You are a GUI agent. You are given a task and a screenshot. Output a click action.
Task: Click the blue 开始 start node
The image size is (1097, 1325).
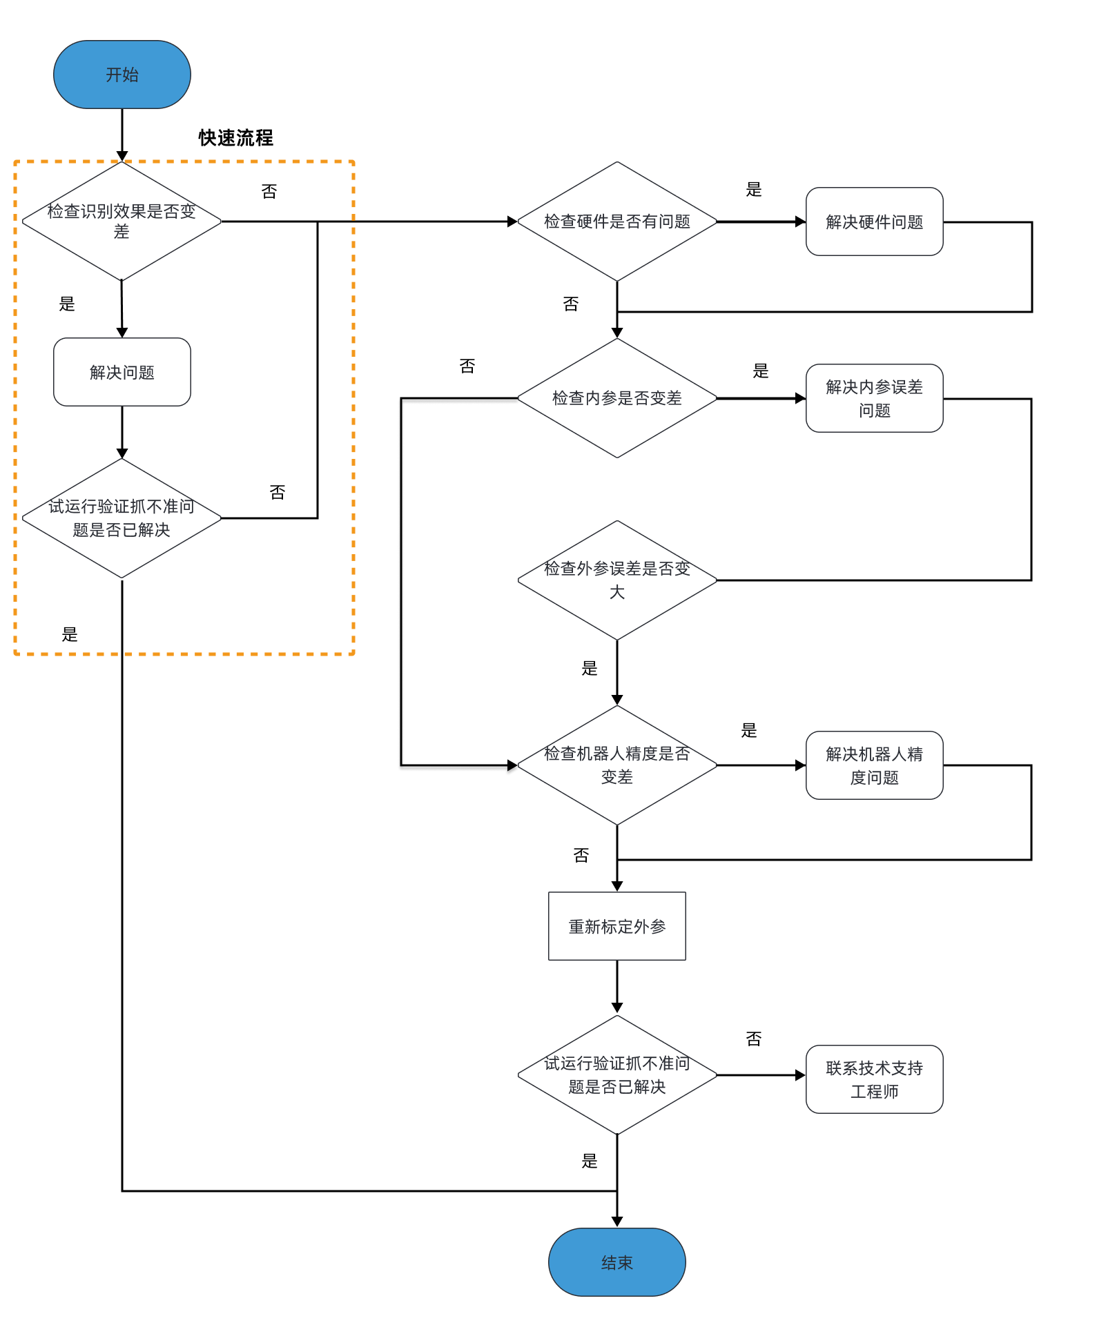pos(122,75)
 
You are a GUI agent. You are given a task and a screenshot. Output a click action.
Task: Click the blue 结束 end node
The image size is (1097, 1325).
pos(617,1262)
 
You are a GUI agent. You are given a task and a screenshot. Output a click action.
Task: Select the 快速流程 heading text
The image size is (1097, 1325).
pos(235,138)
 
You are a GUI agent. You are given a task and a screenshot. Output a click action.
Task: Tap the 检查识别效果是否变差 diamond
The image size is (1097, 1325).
pos(122,222)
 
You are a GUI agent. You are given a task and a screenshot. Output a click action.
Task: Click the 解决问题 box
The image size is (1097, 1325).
pos(122,372)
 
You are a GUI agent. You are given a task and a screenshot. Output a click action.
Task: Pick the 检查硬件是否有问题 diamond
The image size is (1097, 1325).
pos(617,222)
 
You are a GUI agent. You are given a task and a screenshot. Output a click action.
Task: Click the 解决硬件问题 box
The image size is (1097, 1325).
pos(874,222)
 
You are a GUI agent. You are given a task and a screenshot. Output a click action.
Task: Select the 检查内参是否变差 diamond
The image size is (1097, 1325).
pos(617,398)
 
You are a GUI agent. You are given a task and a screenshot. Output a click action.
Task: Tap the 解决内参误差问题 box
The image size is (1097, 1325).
pos(874,398)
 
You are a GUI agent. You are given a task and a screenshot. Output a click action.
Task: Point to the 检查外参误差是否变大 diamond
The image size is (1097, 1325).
pos(617,580)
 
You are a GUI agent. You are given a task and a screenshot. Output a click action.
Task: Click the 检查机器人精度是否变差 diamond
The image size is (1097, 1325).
pos(617,765)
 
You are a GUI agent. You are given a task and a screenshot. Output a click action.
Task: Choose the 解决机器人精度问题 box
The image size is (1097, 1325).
pos(874,765)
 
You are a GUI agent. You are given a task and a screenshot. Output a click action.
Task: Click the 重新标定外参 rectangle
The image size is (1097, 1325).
pos(617,926)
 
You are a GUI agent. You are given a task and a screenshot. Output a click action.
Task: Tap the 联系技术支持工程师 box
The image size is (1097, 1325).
pos(874,1079)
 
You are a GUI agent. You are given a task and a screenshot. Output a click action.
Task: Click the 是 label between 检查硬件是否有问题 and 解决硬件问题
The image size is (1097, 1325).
pos(753,190)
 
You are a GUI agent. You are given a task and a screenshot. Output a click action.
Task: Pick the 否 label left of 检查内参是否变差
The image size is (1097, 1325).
pos(467,366)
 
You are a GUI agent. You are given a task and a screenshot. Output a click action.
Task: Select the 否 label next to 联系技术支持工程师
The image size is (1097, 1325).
pos(753,1039)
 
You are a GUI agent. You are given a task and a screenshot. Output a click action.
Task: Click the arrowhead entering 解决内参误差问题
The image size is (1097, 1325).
pos(800,398)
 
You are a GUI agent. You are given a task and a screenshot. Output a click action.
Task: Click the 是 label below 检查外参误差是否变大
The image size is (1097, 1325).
pos(589,668)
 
